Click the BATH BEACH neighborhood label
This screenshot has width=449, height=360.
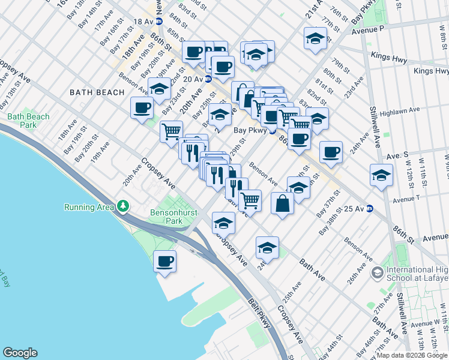pos(97,92)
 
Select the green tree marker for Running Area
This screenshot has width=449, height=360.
pos(123,207)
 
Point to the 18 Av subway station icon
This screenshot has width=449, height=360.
pos(158,21)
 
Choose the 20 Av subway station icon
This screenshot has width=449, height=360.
pos(208,79)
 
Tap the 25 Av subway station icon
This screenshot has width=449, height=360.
pos(370,209)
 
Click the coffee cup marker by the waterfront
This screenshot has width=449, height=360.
pos(165,262)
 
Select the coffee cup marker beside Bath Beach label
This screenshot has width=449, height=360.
pos(142,108)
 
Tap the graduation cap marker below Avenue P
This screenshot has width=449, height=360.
pos(315,38)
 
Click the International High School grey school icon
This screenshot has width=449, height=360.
pos(377,274)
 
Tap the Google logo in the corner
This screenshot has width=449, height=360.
pos(20,353)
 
